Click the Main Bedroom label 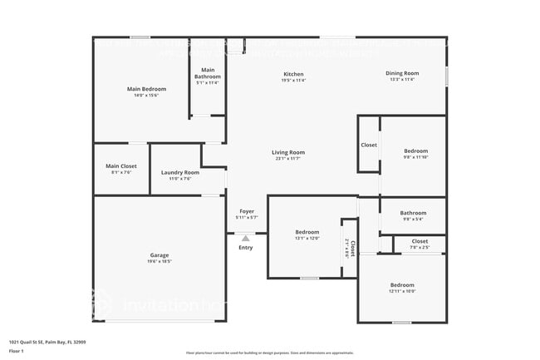coord(146,89)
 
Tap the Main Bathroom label coord(208,73)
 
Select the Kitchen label coord(293,74)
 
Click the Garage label coord(160,254)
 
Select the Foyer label coord(247,211)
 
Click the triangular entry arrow coord(246,239)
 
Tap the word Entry coord(246,247)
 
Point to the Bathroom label coord(413,213)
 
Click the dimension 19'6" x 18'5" coord(160,261)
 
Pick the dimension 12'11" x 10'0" coord(402,291)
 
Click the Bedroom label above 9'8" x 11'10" coord(415,151)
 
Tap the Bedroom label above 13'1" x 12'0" coord(307,232)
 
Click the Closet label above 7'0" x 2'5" coord(420,241)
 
